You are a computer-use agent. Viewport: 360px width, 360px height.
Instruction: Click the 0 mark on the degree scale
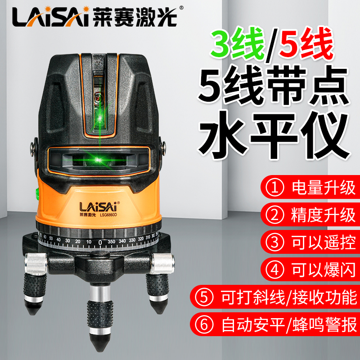point(100,242)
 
